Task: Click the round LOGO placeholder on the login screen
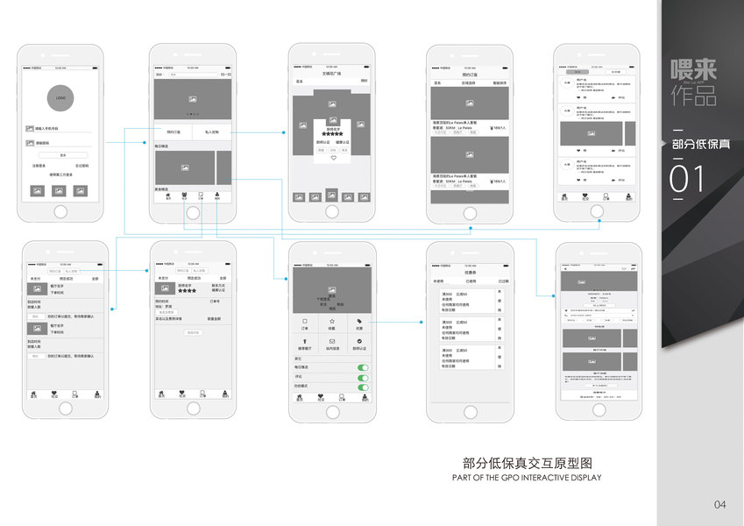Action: pos(60,97)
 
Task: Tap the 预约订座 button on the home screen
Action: pos(173,132)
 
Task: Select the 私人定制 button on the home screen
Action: pos(212,132)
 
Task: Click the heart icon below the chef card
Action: pos(333,159)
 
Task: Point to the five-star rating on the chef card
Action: pos(333,134)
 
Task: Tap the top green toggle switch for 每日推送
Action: pos(363,367)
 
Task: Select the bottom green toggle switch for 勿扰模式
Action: pos(363,387)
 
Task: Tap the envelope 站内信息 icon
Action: pos(332,341)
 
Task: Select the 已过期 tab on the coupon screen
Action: pos(503,281)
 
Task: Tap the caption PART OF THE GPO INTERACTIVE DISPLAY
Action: pos(527,478)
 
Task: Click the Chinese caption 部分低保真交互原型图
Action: pos(528,464)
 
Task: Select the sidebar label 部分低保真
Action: pos(700,143)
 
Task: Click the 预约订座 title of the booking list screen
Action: pos(471,76)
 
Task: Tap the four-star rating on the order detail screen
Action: pos(188,290)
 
